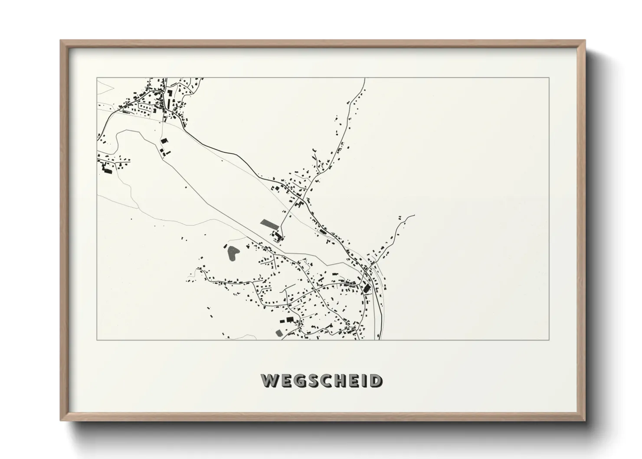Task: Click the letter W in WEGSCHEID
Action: coord(269,381)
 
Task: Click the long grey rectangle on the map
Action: coord(269,224)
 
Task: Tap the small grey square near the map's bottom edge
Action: coord(279,333)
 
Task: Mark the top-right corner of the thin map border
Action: coord(549,78)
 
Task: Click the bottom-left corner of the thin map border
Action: coord(97,340)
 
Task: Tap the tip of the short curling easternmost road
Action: coord(414,215)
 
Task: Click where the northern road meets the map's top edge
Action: coord(364,78)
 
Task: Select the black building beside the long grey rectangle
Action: coord(278,236)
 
